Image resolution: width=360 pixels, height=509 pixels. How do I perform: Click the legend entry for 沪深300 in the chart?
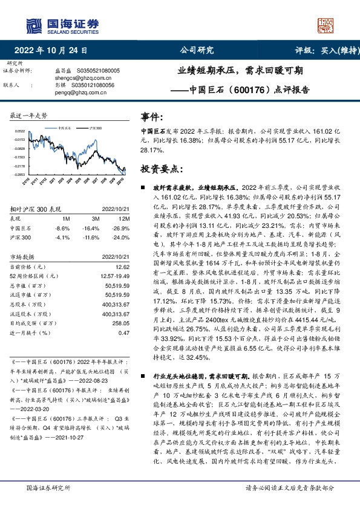tap(96, 129)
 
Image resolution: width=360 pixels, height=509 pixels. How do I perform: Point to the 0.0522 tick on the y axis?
tap(21, 131)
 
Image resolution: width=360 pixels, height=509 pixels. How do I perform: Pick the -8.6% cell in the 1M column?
tap(62, 229)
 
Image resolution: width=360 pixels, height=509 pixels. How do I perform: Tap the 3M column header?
tap(96, 219)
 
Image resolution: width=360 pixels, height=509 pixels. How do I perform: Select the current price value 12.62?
tap(123, 266)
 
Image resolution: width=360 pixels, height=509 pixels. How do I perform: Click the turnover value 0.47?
tap(124, 334)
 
